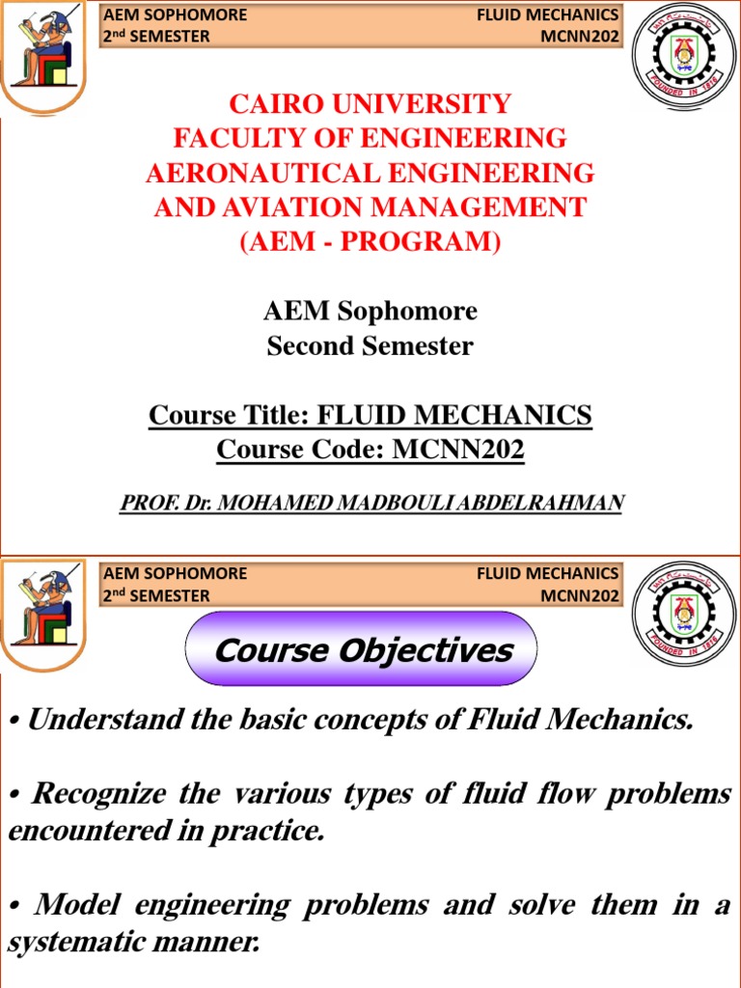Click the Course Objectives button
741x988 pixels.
[x=363, y=649]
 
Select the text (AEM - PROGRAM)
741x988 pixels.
[x=370, y=242]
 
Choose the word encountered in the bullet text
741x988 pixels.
[x=76, y=833]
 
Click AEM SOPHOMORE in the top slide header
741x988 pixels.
[x=175, y=14]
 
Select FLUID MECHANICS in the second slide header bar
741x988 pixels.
[x=547, y=573]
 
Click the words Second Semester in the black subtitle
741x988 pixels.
[x=370, y=346]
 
